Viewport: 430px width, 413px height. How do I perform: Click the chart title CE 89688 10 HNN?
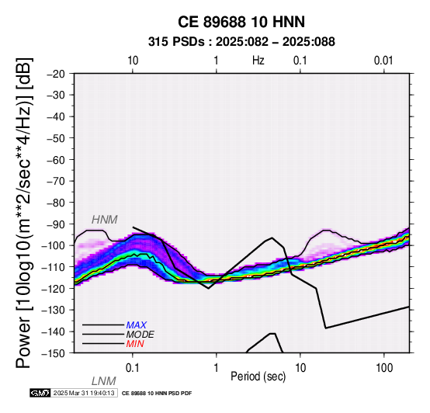point(241,22)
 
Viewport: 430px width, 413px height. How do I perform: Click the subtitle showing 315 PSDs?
point(241,42)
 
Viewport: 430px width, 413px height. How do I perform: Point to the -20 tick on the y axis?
point(56,74)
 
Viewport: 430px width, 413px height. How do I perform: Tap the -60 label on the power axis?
point(56,160)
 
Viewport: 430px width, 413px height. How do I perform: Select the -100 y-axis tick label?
point(53,245)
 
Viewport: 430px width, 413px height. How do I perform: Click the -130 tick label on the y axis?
point(53,310)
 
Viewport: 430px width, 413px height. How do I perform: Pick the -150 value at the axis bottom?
point(53,353)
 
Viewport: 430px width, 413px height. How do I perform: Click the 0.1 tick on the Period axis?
point(132,368)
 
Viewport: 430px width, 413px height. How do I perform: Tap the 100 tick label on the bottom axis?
point(384,368)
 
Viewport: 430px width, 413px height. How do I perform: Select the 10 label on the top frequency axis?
point(133,61)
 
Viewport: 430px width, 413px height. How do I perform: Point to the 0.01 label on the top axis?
point(383,61)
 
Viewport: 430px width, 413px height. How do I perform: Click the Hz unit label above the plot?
point(258,61)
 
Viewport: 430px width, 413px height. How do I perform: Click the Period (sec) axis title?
point(258,377)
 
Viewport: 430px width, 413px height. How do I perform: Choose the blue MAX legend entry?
point(137,325)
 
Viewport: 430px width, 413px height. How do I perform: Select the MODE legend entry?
point(140,335)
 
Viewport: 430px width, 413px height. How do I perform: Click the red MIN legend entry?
point(135,344)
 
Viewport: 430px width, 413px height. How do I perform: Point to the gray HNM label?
point(105,220)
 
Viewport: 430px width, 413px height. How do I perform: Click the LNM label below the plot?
point(104,381)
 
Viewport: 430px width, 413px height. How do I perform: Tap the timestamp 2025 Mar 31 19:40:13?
point(84,393)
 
